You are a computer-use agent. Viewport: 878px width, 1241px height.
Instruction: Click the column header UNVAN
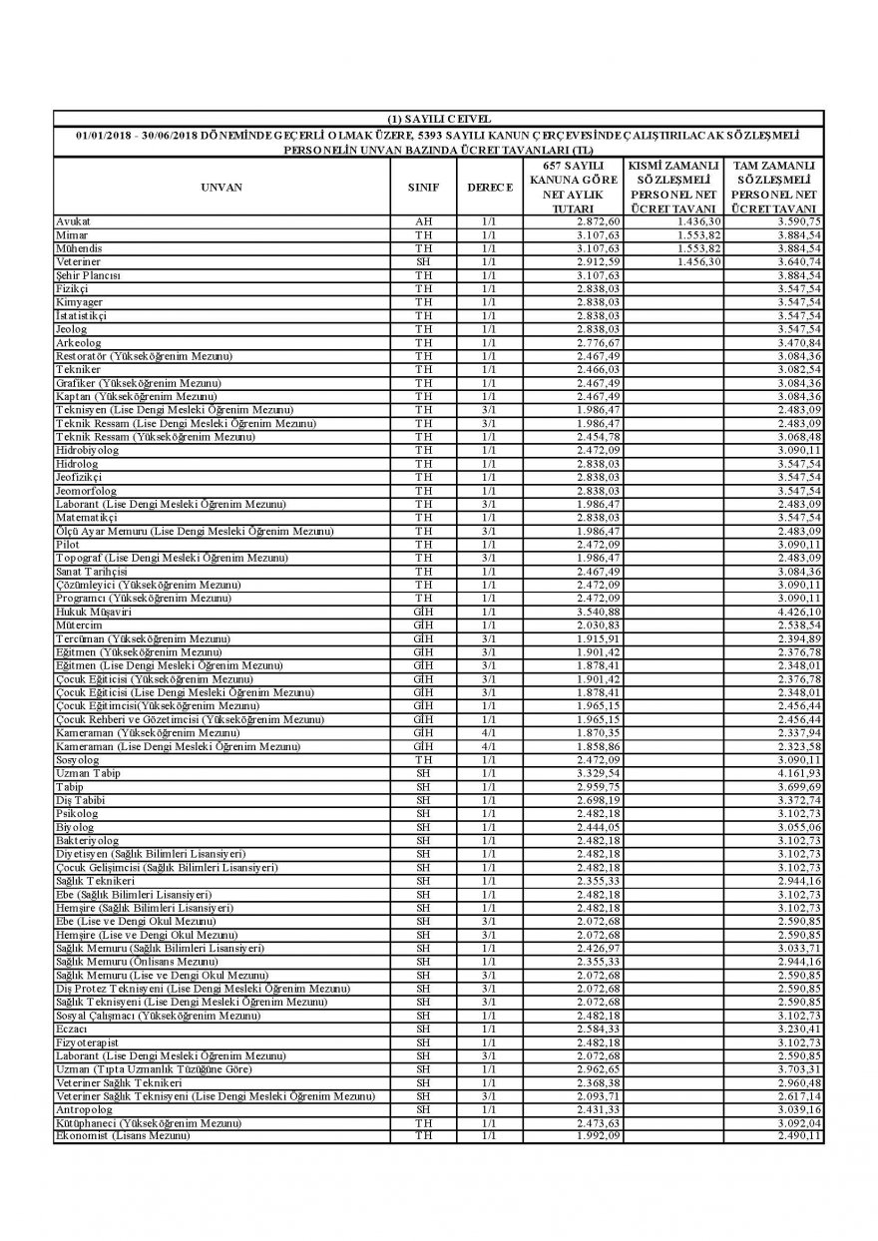[220, 187]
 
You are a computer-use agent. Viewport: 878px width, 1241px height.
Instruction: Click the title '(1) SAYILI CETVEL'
[438, 119]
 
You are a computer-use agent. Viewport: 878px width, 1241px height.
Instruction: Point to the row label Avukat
[73, 220]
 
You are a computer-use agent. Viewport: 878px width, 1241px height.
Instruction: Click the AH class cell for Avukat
[423, 220]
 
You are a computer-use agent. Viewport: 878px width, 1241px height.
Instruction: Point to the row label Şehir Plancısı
[89, 274]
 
